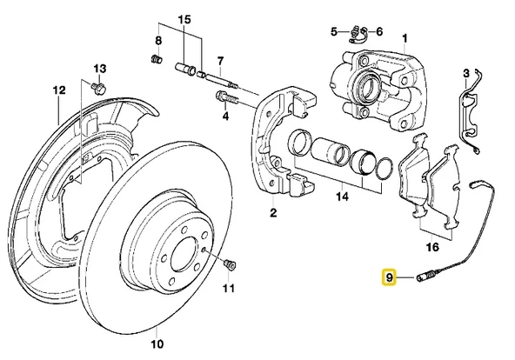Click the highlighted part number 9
click(x=391, y=277)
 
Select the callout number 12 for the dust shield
click(x=59, y=90)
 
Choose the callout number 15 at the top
click(x=184, y=19)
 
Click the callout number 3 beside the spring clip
click(x=467, y=72)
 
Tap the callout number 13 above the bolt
click(x=98, y=68)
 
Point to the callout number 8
click(x=158, y=41)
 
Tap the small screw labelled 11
click(x=230, y=263)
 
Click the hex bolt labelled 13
click(x=97, y=87)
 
